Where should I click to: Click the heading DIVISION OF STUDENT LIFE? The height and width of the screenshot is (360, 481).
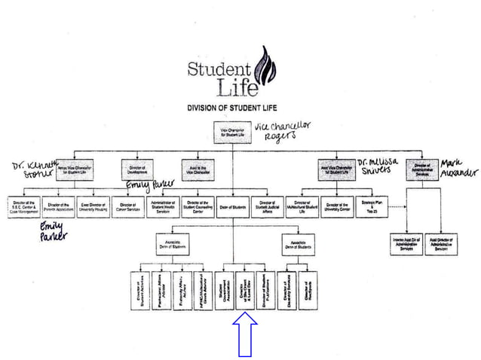pos(239,108)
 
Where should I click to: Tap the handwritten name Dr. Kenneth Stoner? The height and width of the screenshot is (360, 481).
pos(31,170)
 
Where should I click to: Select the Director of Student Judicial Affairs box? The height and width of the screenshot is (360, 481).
pos(269,206)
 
